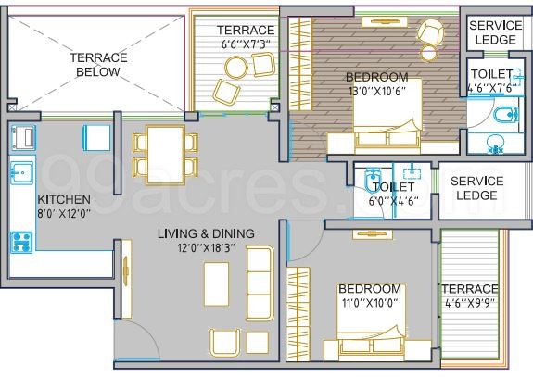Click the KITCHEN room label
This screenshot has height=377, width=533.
pyautogui.click(x=64, y=199)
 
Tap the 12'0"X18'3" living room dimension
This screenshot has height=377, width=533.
pyautogui.click(x=206, y=248)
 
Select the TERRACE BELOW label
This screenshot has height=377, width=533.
pyautogui.click(x=98, y=65)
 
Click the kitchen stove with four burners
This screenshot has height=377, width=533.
pyautogui.click(x=21, y=242)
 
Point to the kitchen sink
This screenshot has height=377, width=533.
pyautogui.click(x=21, y=173)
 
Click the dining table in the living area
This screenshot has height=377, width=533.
pyautogui.click(x=166, y=156)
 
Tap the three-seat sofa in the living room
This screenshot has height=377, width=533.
pyautogui.click(x=260, y=284)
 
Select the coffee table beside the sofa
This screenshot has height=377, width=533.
pyautogui.click(x=216, y=284)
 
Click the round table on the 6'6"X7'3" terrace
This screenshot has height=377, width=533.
pyautogui.click(x=235, y=67)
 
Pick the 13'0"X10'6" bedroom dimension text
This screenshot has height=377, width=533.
pyautogui.click(x=377, y=91)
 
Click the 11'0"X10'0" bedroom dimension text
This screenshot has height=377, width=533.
pyautogui.click(x=370, y=302)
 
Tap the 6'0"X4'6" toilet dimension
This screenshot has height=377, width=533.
pyautogui.click(x=393, y=201)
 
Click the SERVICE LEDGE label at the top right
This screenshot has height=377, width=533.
pyautogui.click(x=495, y=32)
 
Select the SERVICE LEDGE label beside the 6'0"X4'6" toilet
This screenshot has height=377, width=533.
pyautogui.click(x=476, y=188)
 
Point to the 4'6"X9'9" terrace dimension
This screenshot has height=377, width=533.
pyautogui.click(x=470, y=302)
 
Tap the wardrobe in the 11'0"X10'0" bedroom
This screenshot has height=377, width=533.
pyautogui.click(x=298, y=314)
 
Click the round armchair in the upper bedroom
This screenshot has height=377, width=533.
pyautogui.click(x=431, y=31)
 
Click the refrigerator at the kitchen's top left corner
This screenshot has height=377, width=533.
pyautogui.click(x=23, y=137)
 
